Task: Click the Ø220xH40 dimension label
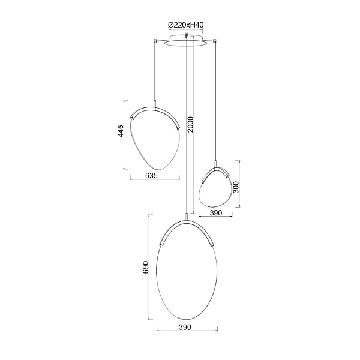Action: tap(186, 25)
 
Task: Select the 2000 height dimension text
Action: tap(191, 125)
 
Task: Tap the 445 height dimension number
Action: tap(121, 131)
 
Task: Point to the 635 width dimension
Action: tap(152, 176)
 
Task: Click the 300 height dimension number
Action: tap(236, 187)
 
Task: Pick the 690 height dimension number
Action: tap(146, 267)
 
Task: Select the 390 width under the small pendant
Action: tap(216, 213)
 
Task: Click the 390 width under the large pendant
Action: tap(185, 327)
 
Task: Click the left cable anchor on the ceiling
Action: tap(155, 41)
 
